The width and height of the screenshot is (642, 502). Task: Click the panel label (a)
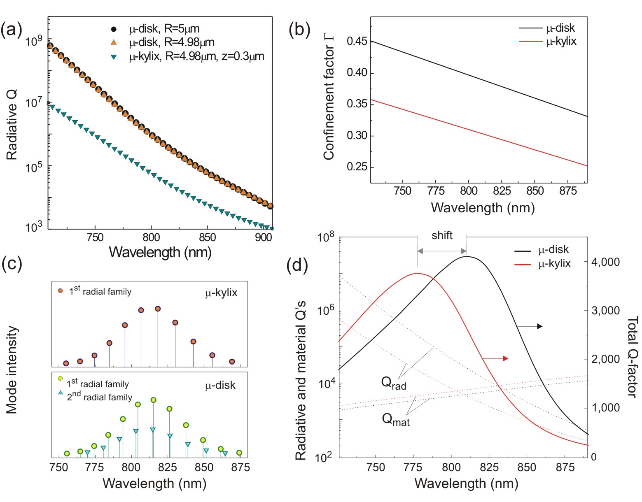11,30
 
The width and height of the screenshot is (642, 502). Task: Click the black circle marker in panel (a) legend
114,29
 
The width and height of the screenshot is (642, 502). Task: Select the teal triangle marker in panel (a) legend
114,57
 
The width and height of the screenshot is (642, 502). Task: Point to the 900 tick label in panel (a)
263,238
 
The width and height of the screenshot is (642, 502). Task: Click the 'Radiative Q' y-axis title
12,125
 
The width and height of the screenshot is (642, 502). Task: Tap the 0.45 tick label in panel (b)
357,41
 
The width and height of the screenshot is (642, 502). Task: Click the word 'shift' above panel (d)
442,235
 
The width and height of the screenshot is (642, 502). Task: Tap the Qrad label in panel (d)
394,383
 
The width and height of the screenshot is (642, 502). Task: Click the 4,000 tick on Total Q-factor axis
605,262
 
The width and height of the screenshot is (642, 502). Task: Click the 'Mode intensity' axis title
12,370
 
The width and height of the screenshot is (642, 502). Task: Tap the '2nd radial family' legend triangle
61,393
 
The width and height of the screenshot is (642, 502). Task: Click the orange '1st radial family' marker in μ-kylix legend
61,291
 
